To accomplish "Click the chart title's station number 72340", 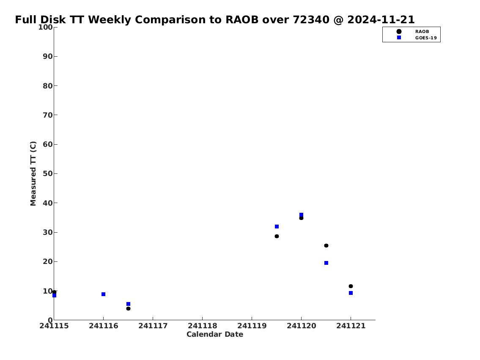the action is point(311,19).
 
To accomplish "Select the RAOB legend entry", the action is point(413,32).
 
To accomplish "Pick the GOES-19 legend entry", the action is point(417,38).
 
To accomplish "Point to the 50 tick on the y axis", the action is point(55,173).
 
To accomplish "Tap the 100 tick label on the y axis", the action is point(45,27).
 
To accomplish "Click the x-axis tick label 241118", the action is point(202,326).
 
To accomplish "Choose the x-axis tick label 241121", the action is point(351,326).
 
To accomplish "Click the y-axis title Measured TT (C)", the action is point(33,173).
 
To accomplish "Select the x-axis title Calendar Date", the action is point(215,334).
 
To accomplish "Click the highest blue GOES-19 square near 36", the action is point(301,215).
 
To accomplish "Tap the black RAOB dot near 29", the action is point(277,236).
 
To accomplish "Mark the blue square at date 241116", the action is point(104,294).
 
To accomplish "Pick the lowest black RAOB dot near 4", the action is point(128,308).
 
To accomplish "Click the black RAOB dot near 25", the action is point(326,245).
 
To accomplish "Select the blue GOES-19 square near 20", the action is point(326,263).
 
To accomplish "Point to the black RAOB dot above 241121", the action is point(351,286).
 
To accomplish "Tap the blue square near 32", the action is point(277,226).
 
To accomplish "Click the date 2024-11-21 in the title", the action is point(381,19).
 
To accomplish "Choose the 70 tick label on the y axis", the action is point(48,115).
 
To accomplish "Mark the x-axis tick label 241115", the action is point(54,326).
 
